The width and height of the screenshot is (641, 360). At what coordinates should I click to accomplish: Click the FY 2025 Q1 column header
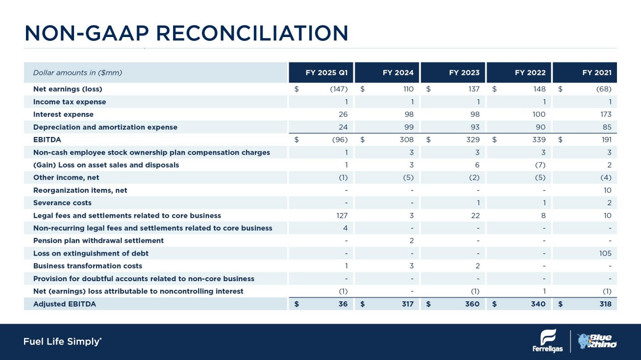point(327,73)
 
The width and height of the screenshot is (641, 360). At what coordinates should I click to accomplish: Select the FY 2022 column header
point(530,73)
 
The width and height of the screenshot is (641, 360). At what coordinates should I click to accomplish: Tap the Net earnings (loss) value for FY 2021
point(604,89)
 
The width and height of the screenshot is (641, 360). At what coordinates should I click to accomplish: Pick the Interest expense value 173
point(606,114)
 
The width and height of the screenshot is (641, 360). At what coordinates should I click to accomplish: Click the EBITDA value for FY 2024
point(407,139)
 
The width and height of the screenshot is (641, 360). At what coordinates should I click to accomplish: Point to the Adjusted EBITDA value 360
point(472,304)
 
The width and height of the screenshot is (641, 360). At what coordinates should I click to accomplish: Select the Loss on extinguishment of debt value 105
point(605,253)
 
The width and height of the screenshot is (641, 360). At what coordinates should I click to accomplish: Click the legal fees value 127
point(342,216)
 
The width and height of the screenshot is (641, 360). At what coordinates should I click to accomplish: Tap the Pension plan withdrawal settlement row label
point(99,241)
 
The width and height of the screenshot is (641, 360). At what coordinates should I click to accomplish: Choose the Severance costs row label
point(63,203)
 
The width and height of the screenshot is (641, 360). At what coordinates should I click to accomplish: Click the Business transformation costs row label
point(88,266)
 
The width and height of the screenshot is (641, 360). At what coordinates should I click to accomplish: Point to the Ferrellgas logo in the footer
point(547,341)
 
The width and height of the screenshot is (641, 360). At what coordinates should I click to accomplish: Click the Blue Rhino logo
point(597,341)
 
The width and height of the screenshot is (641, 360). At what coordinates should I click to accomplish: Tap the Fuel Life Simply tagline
point(63,341)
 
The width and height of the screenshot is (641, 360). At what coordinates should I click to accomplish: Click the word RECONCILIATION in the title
point(252,33)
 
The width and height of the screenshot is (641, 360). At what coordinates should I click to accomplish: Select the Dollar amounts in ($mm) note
point(77,73)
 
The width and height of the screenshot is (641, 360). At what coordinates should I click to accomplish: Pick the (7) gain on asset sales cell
point(540,165)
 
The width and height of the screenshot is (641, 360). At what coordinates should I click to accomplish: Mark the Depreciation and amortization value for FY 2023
point(475,127)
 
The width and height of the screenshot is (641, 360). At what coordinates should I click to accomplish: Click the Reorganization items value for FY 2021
point(607,190)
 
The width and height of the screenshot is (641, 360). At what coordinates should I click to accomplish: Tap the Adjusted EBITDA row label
point(64,304)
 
